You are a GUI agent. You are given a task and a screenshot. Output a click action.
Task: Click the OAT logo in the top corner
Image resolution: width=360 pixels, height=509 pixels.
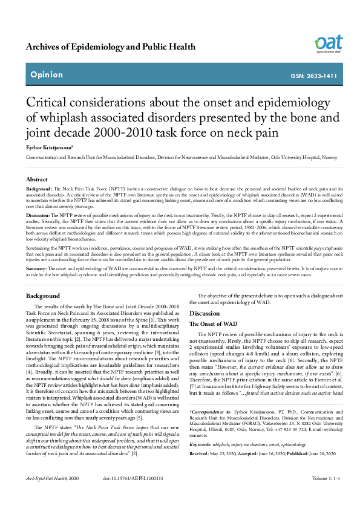pyautogui.click(x=329, y=43)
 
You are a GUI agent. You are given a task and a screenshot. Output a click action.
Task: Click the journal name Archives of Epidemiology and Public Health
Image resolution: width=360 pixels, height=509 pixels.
pyautogui.click(x=111, y=47)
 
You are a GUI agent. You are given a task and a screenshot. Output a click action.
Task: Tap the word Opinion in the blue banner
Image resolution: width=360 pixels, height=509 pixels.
pyautogui.click(x=46, y=75)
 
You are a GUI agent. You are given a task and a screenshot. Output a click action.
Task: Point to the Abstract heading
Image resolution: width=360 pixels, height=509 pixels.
pyautogui.click(x=37, y=180)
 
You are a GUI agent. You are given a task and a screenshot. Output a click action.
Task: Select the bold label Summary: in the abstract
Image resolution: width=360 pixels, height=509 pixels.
pyautogui.click(x=37, y=268)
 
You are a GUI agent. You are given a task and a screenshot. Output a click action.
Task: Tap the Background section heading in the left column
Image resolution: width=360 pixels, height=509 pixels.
pyautogui.click(x=43, y=296)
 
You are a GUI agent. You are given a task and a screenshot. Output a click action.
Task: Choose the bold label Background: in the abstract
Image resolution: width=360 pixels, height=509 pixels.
pyautogui.click(x=40, y=189)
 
